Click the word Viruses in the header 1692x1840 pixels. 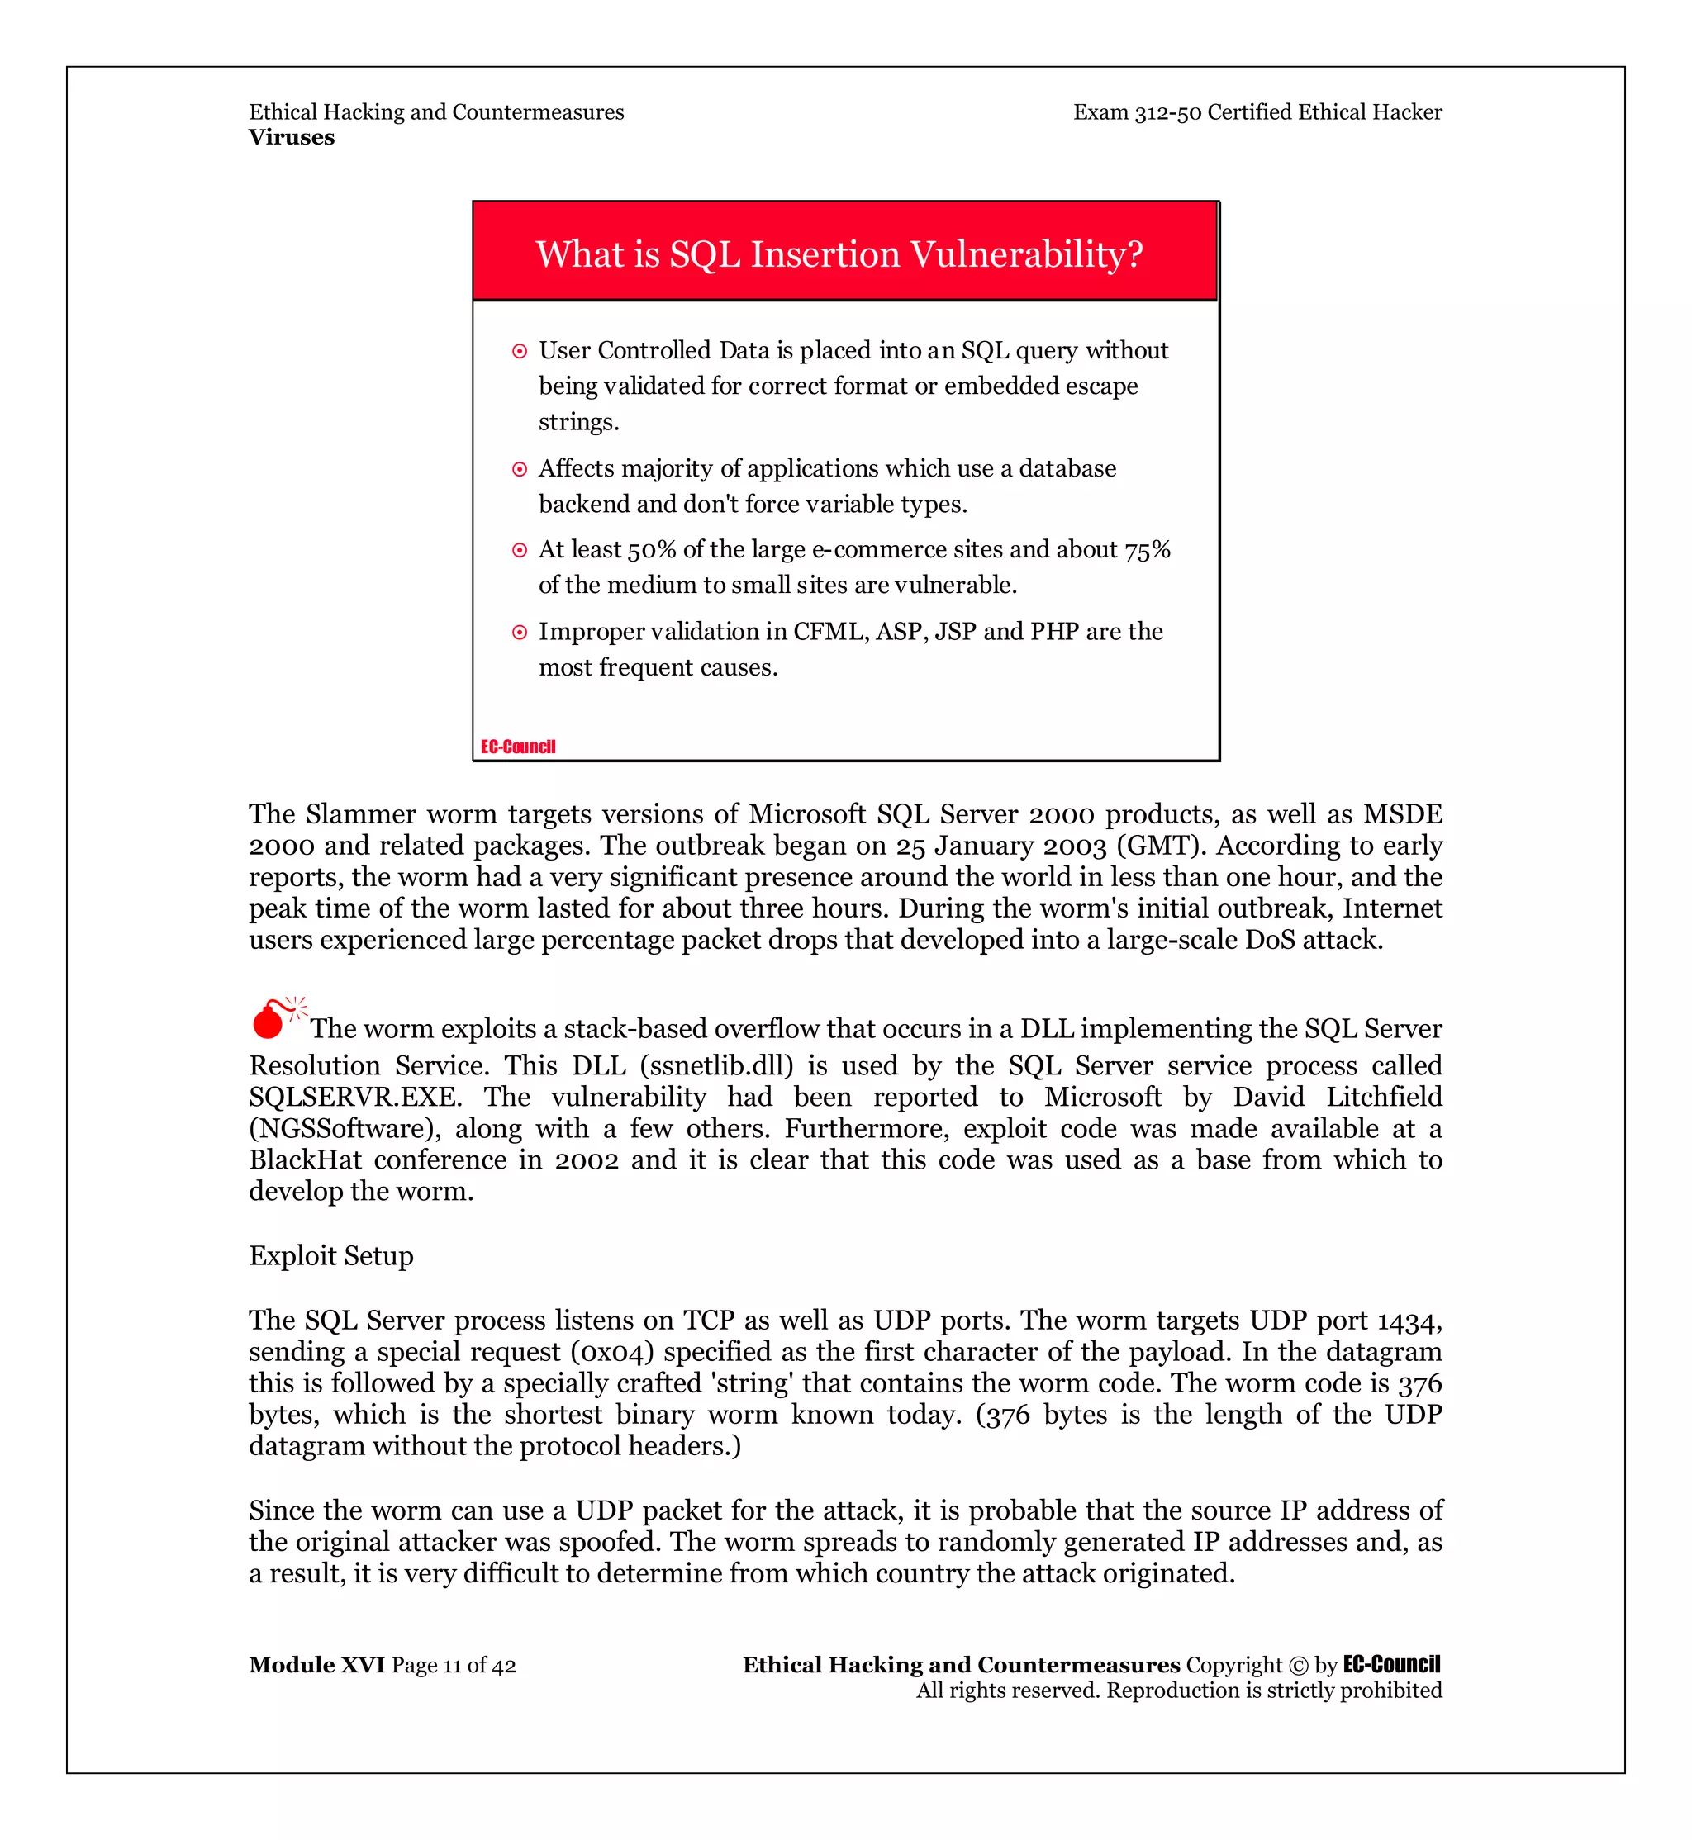click(291, 137)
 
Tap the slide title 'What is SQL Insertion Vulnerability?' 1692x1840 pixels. click(839, 254)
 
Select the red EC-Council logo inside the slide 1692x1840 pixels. click(518, 747)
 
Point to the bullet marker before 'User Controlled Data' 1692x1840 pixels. click(519, 352)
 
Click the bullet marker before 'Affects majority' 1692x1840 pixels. click(519, 470)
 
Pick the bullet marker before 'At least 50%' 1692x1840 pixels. click(519, 550)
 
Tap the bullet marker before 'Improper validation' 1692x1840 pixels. click(519, 633)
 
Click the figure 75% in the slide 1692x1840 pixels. click(1148, 549)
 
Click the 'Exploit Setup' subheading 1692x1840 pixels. click(330, 1255)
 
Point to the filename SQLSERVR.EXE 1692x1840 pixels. click(354, 1097)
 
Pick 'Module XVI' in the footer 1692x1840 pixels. click(316, 1664)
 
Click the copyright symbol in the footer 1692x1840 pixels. click(1297, 1665)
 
